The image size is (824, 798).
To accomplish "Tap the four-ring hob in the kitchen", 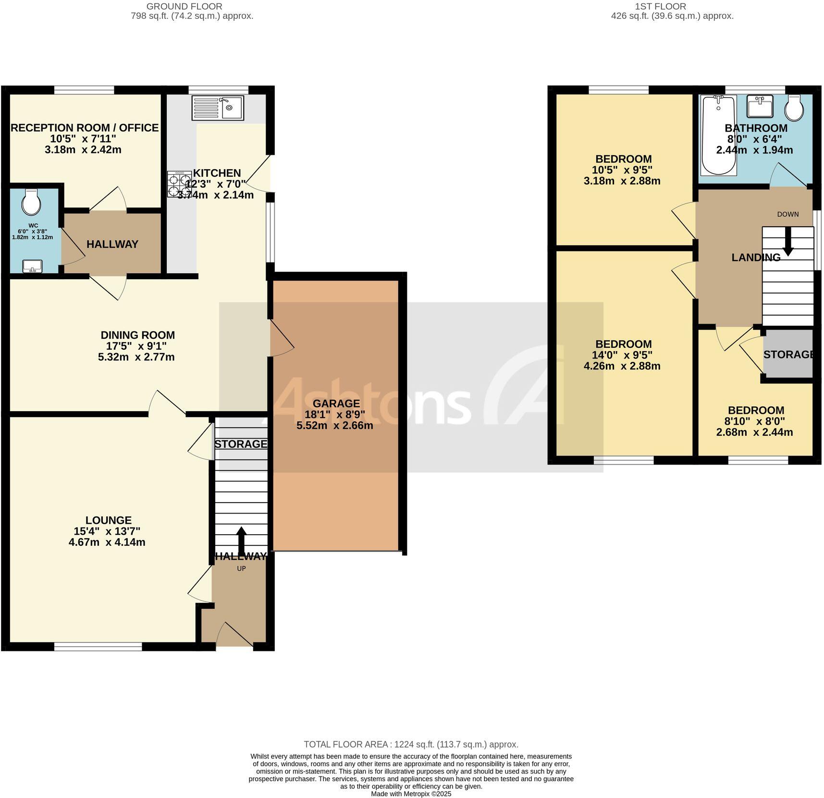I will click(179, 184).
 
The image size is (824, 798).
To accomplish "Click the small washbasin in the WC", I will click(33, 266).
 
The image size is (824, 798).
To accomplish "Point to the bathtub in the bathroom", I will click(719, 135).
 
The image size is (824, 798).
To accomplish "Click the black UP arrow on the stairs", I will click(241, 541).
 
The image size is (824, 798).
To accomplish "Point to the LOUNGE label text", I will click(109, 520).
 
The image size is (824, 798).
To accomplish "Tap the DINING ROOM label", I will click(137, 335).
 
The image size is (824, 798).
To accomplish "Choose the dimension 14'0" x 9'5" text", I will click(623, 355).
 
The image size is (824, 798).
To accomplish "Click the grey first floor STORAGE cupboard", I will click(788, 355).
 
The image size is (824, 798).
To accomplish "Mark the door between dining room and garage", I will click(282, 338).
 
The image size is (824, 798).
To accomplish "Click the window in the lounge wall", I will click(98, 647).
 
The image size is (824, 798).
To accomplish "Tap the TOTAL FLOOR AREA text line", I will click(411, 744).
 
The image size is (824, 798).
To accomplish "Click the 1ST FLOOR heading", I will click(660, 6).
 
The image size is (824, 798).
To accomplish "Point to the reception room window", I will click(84, 90).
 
